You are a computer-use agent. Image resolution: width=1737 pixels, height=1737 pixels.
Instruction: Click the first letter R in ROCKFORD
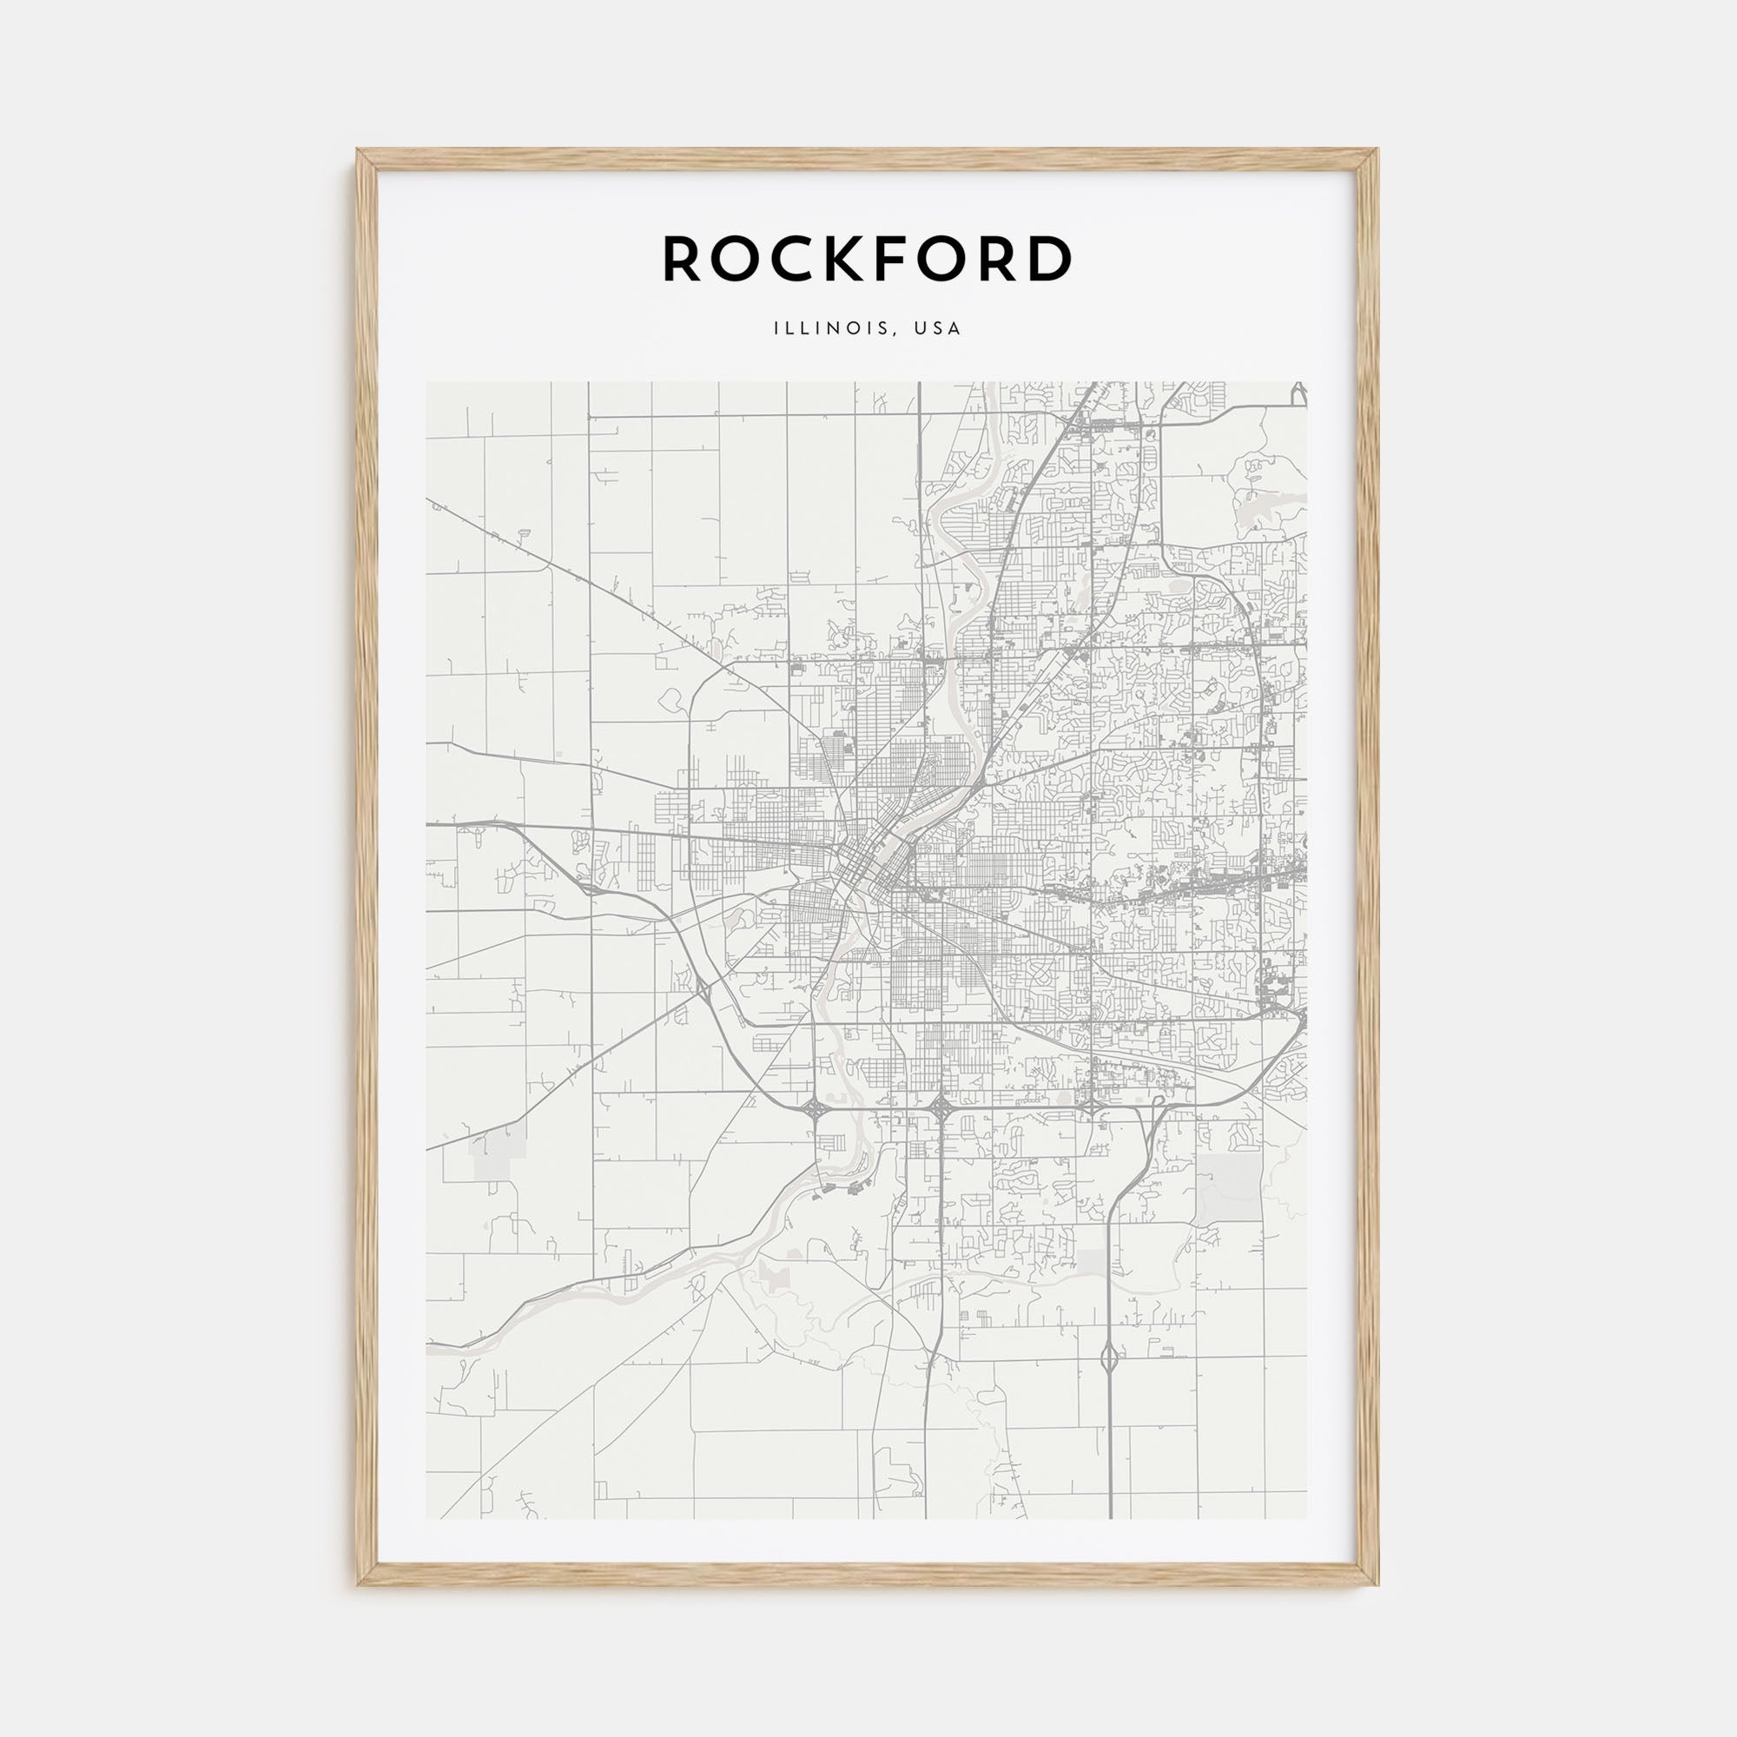[x=684, y=259]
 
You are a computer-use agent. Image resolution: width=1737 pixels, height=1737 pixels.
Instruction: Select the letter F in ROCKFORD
[x=915, y=259]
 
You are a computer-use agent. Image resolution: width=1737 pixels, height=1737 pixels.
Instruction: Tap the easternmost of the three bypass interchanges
[x=1090, y=1105]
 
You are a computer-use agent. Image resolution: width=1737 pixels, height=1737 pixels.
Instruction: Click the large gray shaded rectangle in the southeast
[x=1229, y=1186]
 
